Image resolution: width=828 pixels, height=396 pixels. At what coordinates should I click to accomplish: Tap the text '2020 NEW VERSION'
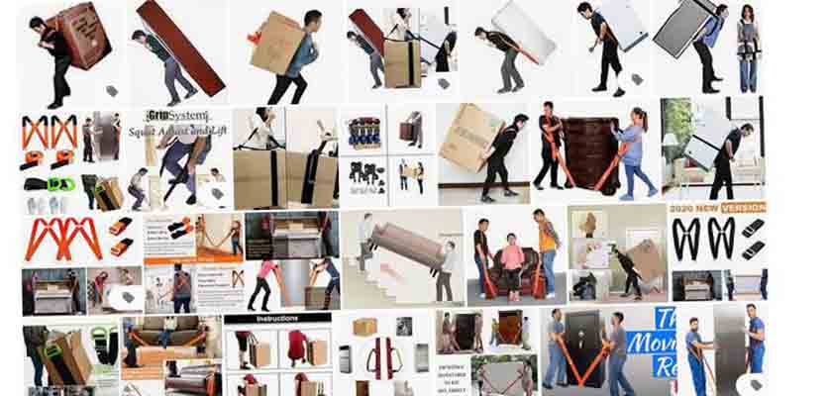(x=718, y=209)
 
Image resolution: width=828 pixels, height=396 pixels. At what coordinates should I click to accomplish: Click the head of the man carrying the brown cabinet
(x=39, y=24)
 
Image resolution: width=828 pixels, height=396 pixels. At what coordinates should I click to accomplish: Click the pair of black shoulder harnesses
(x=717, y=239)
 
